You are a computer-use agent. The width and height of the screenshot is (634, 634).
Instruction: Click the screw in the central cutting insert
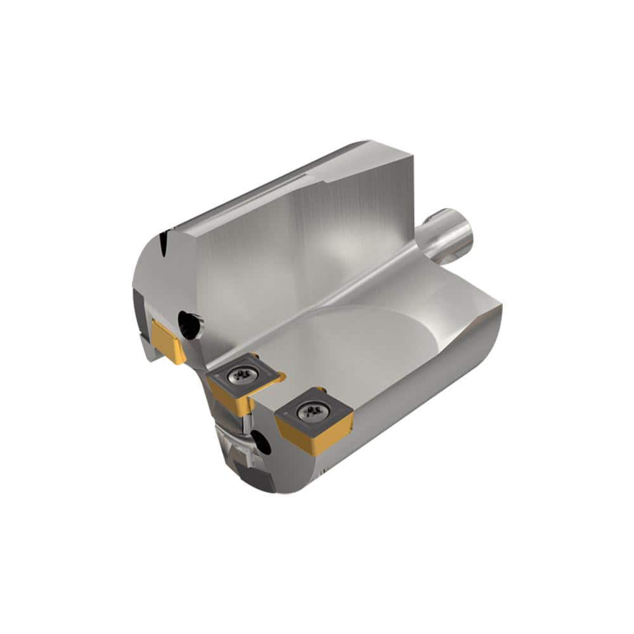pyautogui.click(x=241, y=375)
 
